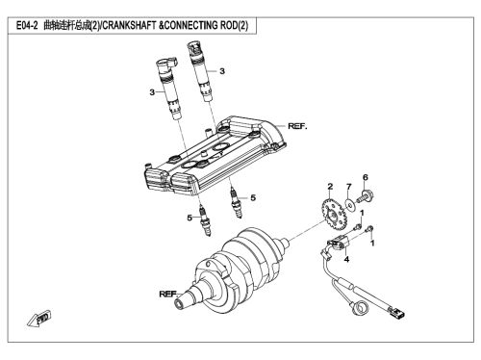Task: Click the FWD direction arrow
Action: pos(39,319)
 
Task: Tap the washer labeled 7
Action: pos(350,204)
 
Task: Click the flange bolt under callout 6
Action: pos(366,196)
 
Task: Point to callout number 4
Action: pos(346,259)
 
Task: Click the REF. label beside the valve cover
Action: pos(297,126)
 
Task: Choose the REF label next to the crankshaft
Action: pos(167,294)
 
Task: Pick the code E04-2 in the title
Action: pos(27,25)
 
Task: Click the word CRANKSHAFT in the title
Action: pos(129,25)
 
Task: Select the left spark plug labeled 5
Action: pos(205,221)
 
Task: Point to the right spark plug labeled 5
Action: pos(236,203)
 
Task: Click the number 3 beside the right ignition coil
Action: pos(222,71)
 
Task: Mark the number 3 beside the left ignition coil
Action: pos(152,92)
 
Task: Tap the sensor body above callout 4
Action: pos(337,244)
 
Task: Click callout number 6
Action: pos(366,177)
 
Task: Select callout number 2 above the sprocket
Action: pos(330,187)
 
